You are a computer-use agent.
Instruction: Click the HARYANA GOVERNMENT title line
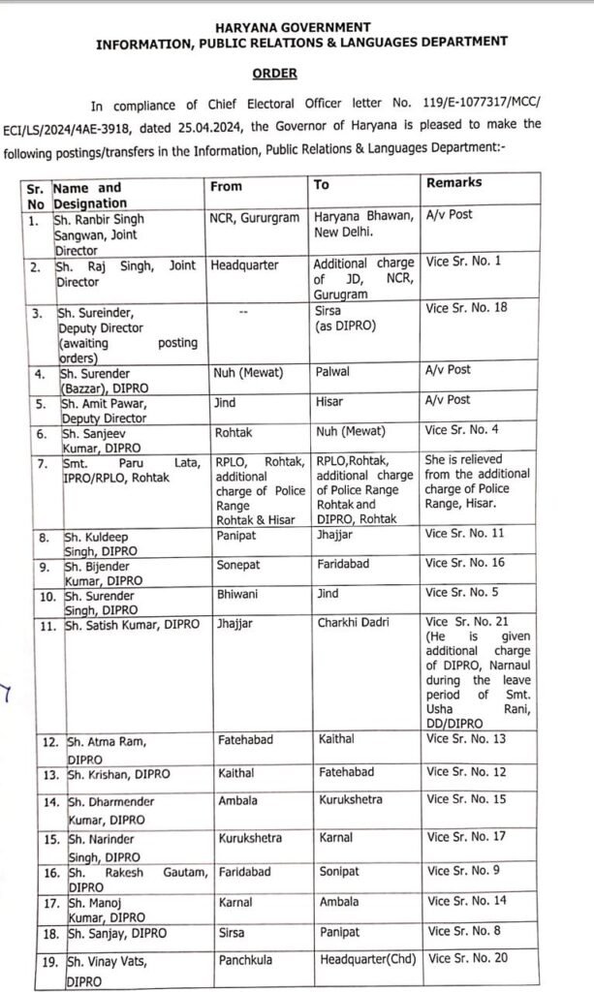tap(299, 25)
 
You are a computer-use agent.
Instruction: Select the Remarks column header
tap(453, 183)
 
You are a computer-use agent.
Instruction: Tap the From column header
tap(226, 186)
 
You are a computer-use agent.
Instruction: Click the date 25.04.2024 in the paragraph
tap(283, 125)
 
